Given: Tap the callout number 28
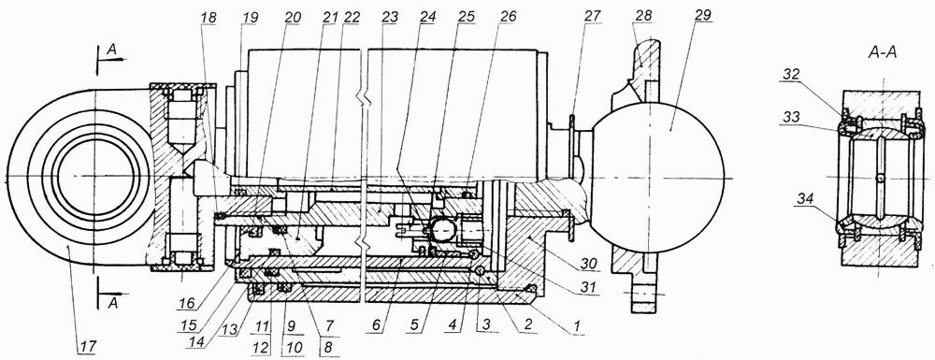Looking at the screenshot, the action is (641, 15).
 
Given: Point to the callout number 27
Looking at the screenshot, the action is (592, 16).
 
